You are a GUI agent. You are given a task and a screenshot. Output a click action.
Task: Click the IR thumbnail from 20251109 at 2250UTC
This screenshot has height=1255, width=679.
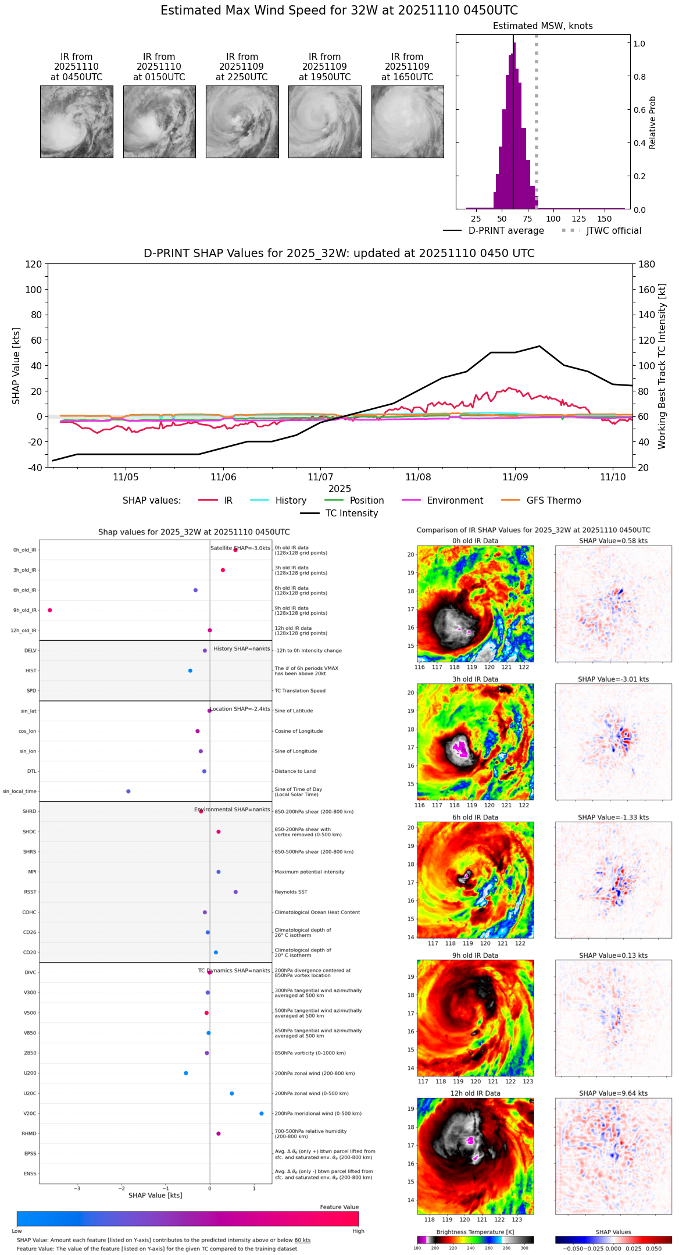click(242, 122)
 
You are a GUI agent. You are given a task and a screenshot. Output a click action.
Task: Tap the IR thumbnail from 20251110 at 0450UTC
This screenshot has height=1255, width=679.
click(77, 122)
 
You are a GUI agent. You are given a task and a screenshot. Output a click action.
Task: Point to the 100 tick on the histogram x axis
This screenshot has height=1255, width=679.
click(553, 219)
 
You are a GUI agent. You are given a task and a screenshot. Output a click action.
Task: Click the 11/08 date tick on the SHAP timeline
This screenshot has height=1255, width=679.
click(418, 477)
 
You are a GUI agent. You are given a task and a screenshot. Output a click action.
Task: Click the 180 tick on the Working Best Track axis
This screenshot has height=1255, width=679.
click(647, 264)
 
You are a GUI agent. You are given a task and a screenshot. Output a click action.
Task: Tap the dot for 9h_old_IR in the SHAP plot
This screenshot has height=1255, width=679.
click(50, 610)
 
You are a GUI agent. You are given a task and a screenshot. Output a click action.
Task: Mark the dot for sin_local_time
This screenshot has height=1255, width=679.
click(128, 791)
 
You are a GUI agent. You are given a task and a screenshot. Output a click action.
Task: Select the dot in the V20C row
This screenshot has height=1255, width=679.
click(262, 1113)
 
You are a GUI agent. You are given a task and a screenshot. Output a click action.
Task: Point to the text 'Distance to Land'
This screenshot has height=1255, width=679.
click(295, 771)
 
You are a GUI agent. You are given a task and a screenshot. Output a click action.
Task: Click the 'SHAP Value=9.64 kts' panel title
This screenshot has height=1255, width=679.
click(613, 1093)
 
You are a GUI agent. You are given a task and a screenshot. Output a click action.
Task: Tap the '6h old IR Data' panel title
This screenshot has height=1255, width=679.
click(475, 817)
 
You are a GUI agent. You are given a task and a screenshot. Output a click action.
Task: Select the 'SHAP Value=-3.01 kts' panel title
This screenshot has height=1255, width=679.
click(613, 679)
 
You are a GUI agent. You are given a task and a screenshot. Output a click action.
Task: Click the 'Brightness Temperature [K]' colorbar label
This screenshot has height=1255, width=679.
click(475, 1232)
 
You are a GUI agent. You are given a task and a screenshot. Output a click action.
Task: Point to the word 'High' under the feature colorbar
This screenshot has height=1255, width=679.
click(358, 1231)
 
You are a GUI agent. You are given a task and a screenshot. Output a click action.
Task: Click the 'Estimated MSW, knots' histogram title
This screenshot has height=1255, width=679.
click(543, 26)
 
